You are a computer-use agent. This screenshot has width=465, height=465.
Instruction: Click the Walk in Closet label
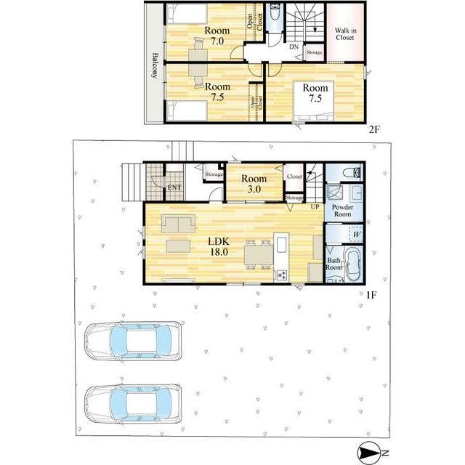pyautogui.click(x=345, y=34)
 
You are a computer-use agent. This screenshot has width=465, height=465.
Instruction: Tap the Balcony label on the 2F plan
pyautogui.click(x=155, y=65)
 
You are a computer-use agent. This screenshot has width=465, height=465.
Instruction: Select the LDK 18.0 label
pyautogui.click(x=219, y=246)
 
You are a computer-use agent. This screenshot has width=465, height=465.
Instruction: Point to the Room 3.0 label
pyautogui.click(x=254, y=184)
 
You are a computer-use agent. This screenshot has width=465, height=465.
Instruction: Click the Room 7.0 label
pyautogui.click(x=217, y=36)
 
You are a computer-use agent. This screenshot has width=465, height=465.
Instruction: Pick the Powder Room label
pyautogui.click(x=342, y=211)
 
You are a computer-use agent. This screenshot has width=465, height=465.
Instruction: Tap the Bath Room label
pyautogui.click(x=334, y=264)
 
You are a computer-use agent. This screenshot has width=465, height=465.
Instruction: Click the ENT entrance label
pyautogui.click(x=174, y=187)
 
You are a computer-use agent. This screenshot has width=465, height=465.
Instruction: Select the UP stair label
pyautogui.click(x=315, y=206)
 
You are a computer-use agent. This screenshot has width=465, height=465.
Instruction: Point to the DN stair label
pyautogui.click(x=294, y=46)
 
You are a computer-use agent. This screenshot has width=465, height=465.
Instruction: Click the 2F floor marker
pyautogui.click(x=374, y=129)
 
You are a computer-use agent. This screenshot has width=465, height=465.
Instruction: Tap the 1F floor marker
pyautogui.click(x=371, y=295)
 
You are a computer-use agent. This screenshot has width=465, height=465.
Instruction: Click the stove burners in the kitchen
pyautogui.click(x=282, y=275)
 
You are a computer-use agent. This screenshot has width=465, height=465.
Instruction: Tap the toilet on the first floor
pyautogui.click(x=352, y=172)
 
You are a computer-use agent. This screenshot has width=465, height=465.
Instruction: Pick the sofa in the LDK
pyautogui.click(x=178, y=223)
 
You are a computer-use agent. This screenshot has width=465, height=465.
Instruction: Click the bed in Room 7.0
pyautogui.click(x=187, y=14)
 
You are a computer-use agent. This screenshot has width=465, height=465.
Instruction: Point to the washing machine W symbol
pyautogui.click(x=357, y=235)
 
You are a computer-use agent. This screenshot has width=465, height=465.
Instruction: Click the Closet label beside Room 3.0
pyautogui.click(x=294, y=177)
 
